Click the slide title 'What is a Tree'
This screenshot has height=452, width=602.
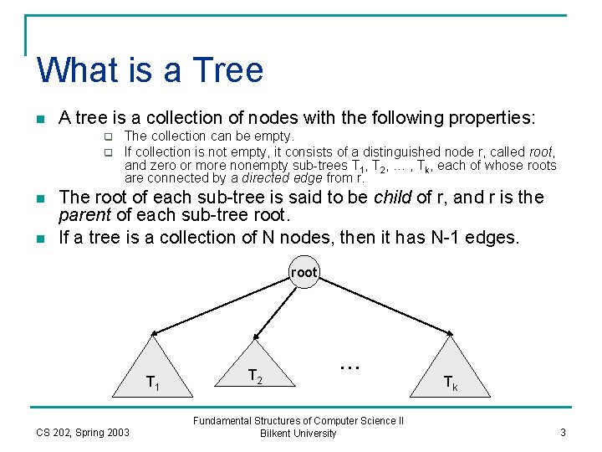click(150, 69)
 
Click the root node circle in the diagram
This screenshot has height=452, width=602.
click(304, 272)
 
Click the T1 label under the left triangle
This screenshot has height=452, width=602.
click(153, 383)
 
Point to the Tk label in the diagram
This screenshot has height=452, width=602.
click(450, 383)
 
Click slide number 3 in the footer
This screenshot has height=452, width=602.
click(564, 432)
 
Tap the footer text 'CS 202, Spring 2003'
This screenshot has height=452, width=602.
click(83, 432)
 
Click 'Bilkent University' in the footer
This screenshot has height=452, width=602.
click(298, 434)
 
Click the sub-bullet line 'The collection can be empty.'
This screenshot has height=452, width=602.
click(209, 136)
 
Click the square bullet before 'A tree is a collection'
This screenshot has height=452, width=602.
click(41, 119)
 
